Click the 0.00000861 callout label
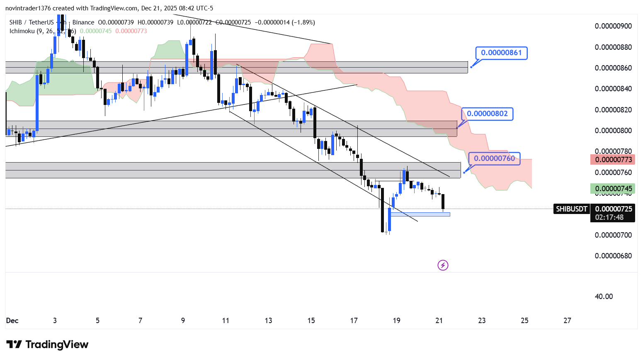click(x=501, y=53)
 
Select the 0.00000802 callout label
click(x=487, y=114)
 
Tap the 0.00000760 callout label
click(x=494, y=158)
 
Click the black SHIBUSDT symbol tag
click(x=571, y=209)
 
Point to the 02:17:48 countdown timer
click(x=609, y=217)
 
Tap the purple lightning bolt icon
click(x=443, y=265)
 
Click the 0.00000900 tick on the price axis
click(x=613, y=26)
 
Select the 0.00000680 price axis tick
click(x=613, y=256)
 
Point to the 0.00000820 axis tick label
click(x=613, y=110)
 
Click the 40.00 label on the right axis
click(x=604, y=297)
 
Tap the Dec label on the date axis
click(x=12, y=321)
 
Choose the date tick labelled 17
click(x=354, y=321)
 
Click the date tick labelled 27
click(x=567, y=321)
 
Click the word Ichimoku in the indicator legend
click(x=22, y=31)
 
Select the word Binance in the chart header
click(x=83, y=22)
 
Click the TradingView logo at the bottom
click(x=48, y=345)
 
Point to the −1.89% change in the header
click(x=303, y=22)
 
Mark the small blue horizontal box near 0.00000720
click(x=420, y=214)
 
